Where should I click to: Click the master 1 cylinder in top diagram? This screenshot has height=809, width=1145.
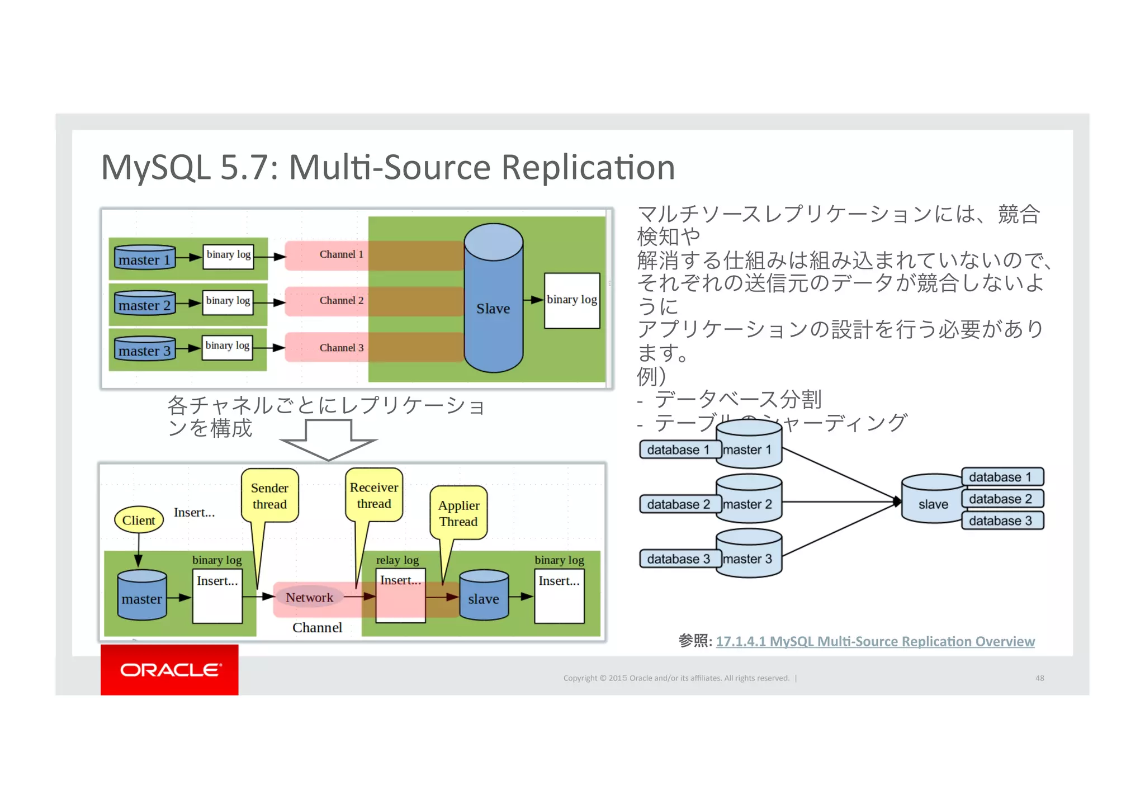[144, 258]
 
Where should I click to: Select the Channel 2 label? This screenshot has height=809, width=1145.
[341, 301]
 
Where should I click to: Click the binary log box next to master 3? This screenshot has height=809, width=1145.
[228, 347]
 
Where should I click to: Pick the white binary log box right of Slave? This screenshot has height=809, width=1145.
[571, 301]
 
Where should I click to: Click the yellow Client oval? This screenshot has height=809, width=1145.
[139, 520]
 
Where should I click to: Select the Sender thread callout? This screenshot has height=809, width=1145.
[269, 496]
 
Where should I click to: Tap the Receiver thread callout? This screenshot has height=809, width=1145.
[374, 495]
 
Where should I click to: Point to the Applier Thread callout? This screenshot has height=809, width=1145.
[458, 513]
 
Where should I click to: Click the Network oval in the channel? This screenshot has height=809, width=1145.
[309, 597]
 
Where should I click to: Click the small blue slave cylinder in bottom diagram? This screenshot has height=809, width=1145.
[484, 595]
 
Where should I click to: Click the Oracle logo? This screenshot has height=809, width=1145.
[169, 670]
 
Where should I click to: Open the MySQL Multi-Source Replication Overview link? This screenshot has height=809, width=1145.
[875, 641]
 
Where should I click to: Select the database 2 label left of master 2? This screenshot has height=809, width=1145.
[678, 504]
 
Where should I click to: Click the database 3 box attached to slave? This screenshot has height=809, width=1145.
[1001, 521]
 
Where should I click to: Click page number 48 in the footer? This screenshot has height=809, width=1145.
[1039, 678]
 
